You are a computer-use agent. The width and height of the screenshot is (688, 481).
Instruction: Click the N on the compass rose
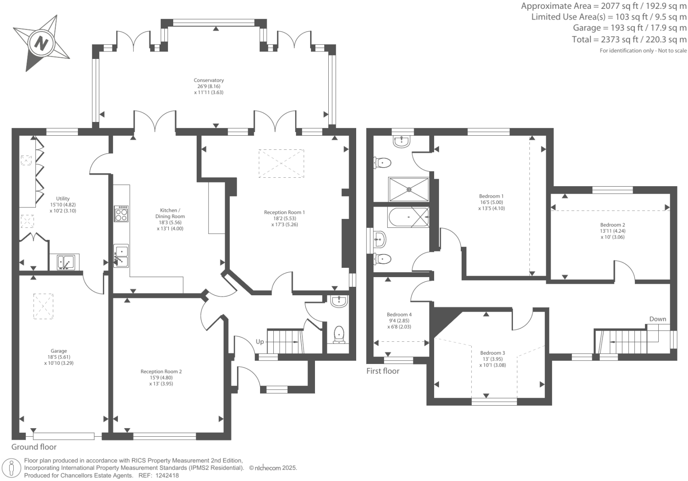41,43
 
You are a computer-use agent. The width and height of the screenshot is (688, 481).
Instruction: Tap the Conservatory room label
209,80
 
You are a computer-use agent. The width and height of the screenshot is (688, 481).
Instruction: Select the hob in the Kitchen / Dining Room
121,214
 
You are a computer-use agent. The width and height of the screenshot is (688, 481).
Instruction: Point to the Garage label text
58,351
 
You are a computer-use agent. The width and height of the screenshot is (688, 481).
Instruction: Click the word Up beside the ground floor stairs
260,342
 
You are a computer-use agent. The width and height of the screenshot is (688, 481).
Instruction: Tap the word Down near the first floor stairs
657,319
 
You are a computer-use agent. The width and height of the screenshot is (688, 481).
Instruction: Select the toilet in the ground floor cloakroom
339,334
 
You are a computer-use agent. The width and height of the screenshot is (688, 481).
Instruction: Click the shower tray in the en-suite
408,189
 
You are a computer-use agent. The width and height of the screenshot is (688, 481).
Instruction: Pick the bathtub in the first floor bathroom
408,217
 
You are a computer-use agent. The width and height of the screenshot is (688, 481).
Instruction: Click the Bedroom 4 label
399,314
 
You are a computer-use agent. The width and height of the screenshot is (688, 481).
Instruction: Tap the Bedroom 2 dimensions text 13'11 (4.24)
613,231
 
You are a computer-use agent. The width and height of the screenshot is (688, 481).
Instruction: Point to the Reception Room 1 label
284,212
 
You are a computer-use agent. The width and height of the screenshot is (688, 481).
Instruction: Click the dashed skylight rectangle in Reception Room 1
281,164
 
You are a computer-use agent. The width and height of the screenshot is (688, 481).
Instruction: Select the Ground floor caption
34,447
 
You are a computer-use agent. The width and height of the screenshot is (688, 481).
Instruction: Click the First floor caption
383,371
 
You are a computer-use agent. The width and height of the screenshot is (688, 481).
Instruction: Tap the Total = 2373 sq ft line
629,39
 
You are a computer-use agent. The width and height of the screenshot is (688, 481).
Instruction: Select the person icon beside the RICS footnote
12,469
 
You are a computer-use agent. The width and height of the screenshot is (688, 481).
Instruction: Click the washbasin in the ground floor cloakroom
339,301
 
